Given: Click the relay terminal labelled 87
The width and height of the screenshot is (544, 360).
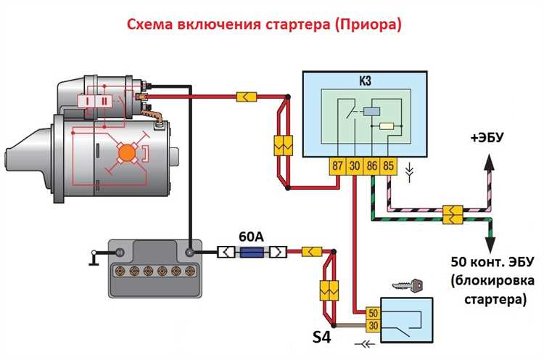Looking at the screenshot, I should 338,165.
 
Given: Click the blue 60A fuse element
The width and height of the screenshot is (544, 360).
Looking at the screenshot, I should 252,253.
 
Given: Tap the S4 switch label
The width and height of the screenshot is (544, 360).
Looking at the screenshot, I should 322,337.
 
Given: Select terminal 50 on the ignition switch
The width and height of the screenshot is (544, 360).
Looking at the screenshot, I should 374,313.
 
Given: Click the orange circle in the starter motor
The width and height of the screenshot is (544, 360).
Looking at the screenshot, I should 127,152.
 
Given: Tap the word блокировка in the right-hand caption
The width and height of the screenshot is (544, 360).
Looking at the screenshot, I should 491,280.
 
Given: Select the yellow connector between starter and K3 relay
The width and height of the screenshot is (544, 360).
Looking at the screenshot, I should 246,96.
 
